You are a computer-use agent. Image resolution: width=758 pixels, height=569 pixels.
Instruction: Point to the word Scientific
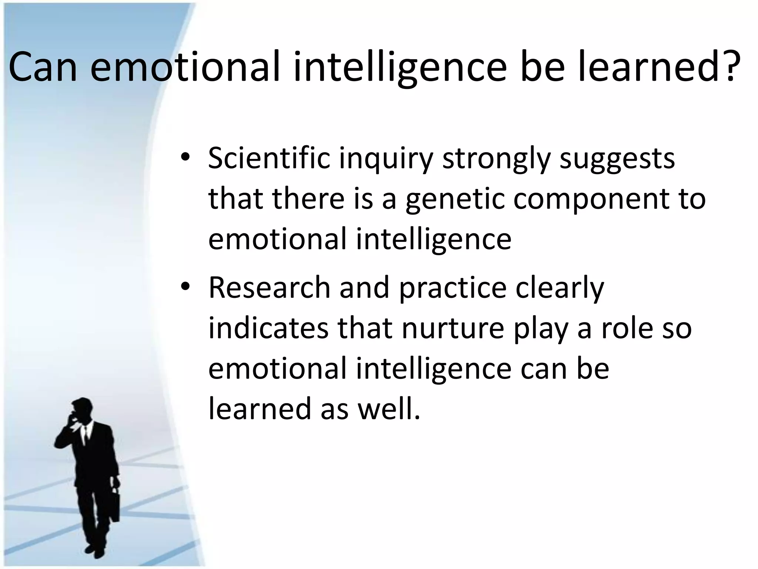click(269, 158)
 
